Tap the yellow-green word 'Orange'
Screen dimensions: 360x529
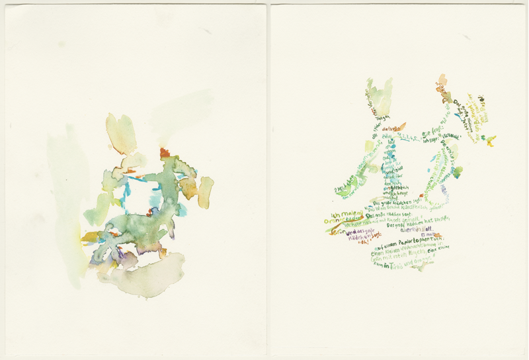(x=343, y=224)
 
